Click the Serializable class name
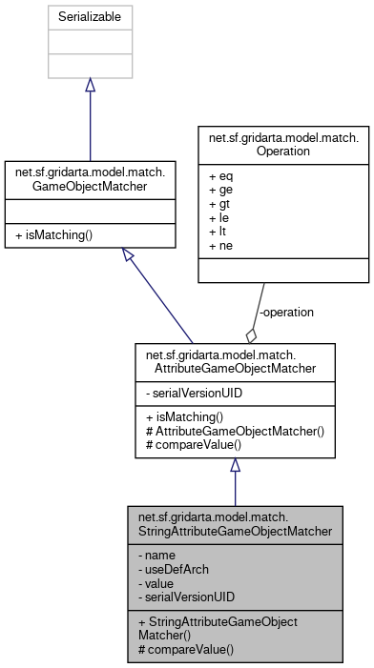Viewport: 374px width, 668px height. (x=90, y=16)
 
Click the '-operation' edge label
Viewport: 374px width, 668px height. (x=286, y=312)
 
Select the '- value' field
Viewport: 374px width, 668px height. (x=160, y=582)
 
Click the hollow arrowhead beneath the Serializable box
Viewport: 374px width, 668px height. (x=90, y=86)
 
